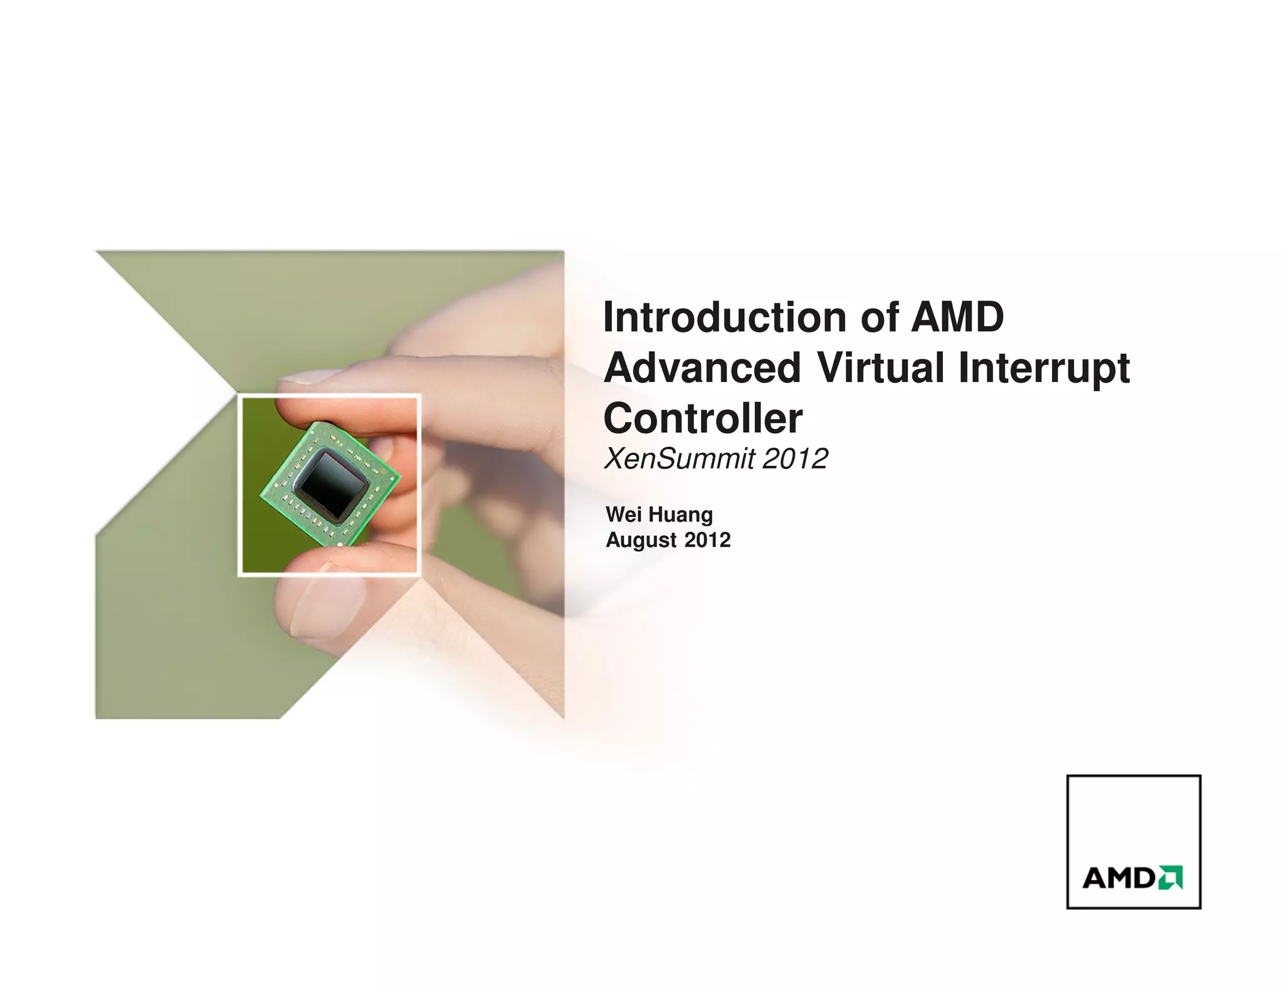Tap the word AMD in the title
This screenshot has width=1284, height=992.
point(957,317)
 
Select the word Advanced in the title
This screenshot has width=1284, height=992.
point(702,368)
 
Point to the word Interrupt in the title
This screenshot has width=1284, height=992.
point(1044,369)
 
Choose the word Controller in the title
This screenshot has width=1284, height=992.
point(702,419)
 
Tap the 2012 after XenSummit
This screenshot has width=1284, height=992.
point(795,459)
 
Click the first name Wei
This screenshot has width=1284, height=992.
point(623,515)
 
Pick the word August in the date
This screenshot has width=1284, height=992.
point(641,541)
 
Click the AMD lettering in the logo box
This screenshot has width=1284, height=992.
point(1118,878)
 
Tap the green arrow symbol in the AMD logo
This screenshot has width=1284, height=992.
point(1170,878)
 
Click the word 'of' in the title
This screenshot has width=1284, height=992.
point(880,317)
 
